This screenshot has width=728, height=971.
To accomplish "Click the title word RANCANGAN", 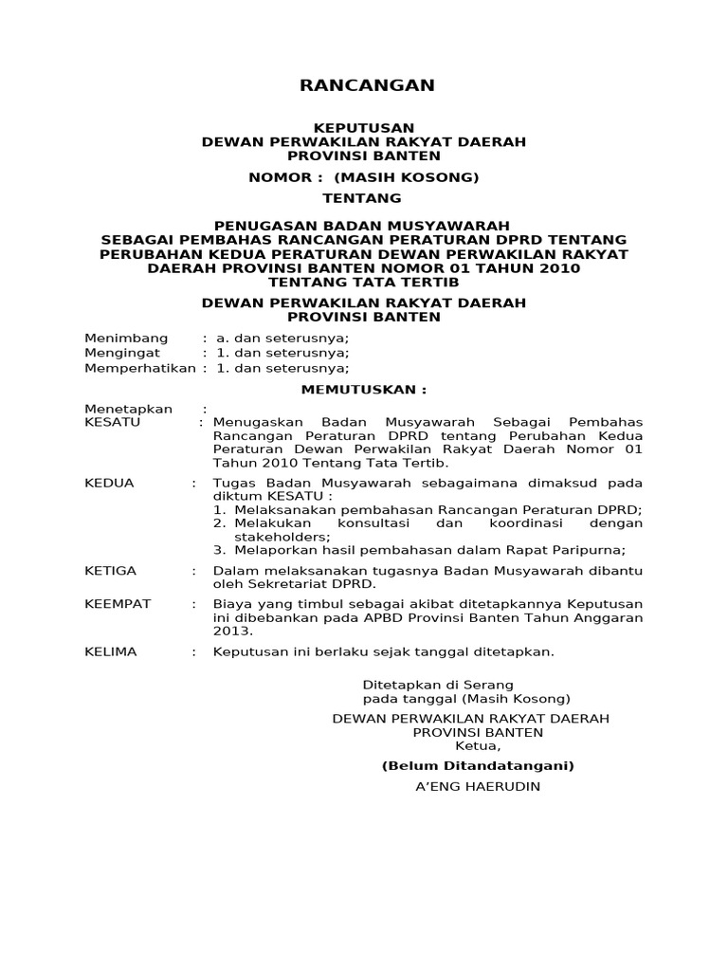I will [367, 86].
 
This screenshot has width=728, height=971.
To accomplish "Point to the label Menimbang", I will [126, 339].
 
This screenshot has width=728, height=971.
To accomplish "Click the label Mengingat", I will [122, 354].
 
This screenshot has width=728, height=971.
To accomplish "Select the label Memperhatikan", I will [140, 369].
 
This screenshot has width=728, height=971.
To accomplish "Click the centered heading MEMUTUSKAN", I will [364, 390].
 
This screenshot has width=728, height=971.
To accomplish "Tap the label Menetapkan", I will [129, 409].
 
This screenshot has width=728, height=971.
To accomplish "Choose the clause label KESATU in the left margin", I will [113, 422].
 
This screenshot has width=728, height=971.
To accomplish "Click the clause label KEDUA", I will [110, 483].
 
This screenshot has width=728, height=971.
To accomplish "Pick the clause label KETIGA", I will [111, 570].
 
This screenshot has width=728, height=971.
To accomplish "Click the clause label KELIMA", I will [111, 651].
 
